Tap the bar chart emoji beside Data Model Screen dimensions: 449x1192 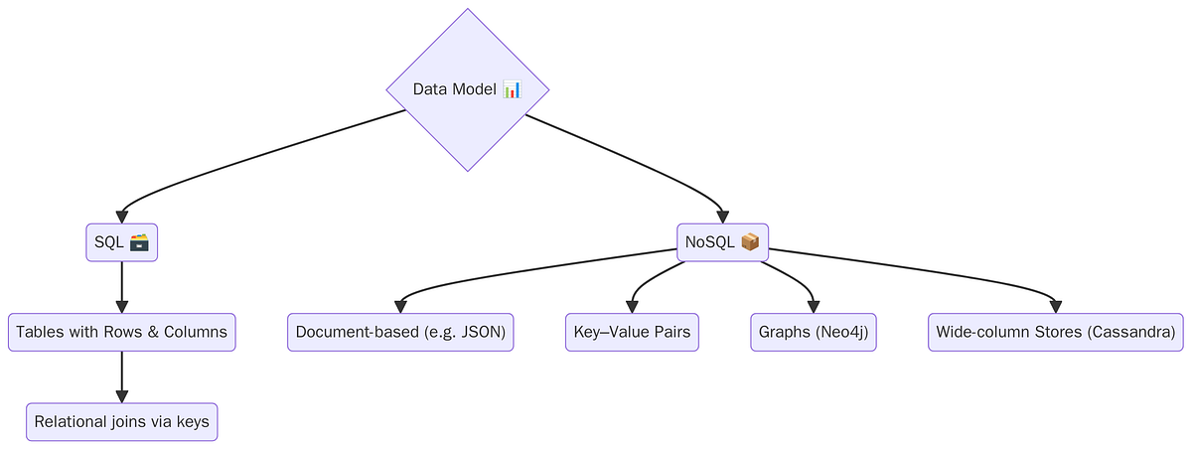pyautogui.click(x=512, y=89)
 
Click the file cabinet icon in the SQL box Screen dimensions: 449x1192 pyautogui.click(x=139, y=242)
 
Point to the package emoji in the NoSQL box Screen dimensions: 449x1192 pyautogui.click(x=750, y=241)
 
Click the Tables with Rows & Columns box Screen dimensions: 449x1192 pyautogui.click(x=121, y=332)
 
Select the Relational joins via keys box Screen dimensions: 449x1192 pyautogui.click(x=121, y=421)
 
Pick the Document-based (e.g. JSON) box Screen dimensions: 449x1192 pyautogui.click(x=400, y=332)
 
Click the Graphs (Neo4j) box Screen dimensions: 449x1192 pyautogui.click(x=813, y=332)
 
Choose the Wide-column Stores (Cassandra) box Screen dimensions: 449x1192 pyautogui.click(x=1056, y=332)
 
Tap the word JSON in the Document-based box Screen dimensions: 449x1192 pyautogui.click(x=482, y=332)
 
